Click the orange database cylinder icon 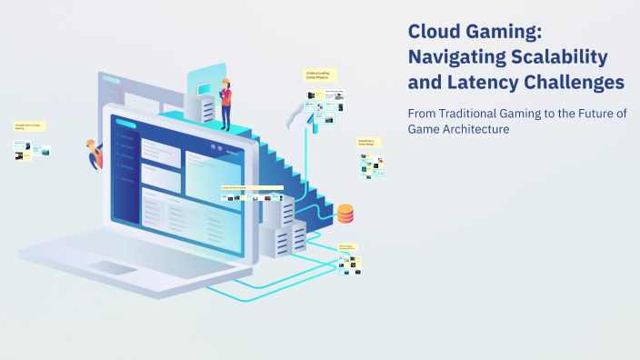[345, 214]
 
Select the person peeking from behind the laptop [94, 154]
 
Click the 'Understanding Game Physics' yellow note [320, 75]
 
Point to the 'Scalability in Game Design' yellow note [367, 143]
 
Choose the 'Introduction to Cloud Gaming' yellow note [29, 127]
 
